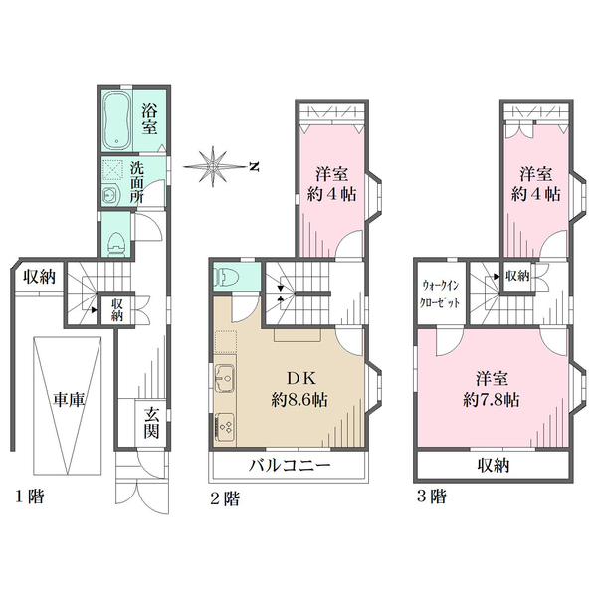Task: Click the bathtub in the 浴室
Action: pyautogui.click(x=117, y=121)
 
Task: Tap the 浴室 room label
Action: pyautogui.click(x=149, y=119)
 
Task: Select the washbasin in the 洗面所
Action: pyautogui.click(x=110, y=196)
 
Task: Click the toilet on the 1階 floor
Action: pyautogui.click(x=116, y=244)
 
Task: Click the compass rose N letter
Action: pyautogui.click(x=254, y=166)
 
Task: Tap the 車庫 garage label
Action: pyautogui.click(x=68, y=399)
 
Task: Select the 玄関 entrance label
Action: pyautogui.click(x=151, y=423)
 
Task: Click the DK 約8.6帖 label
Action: pyautogui.click(x=299, y=389)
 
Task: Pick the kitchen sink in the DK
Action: pyautogui.click(x=226, y=378)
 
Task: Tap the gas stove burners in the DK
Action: pyautogui.click(x=226, y=427)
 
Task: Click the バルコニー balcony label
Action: pyautogui.click(x=290, y=465)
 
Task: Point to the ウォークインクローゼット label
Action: pyautogui.click(x=440, y=294)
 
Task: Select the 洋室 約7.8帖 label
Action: pyautogui.click(x=492, y=389)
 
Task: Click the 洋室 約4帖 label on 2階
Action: pyautogui.click(x=331, y=184)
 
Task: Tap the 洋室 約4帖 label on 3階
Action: pyautogui.click(x=535, y=184)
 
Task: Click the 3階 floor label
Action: pyautogui.click(x=432, y=497)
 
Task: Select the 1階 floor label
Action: pyautogui.click(x=29, y=497)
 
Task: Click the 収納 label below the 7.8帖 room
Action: pyautogui.click(x=494, y=466)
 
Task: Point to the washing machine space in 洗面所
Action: pyautogui.click(x=112, y=170)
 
